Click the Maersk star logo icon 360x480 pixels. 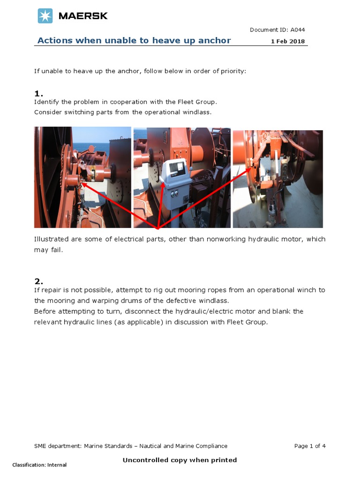[x=45, y=16]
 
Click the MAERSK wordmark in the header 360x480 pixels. [x=83, y=16]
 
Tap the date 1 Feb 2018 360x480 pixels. [x=288, y=41]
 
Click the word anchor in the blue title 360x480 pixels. [x=215, y=40]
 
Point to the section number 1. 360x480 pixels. [x=38, y=94]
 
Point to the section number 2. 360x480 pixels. [x=38, y=281]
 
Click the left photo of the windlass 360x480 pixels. [x=82, y=177]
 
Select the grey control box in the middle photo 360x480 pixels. [x=175, y=180]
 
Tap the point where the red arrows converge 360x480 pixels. [x=157, y=228]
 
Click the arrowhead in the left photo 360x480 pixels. [x=83, y=184]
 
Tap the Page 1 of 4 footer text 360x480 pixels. [x=310, y=446]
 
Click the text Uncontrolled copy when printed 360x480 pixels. [x=180, y=460]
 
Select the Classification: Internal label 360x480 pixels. [x=39, y=465]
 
